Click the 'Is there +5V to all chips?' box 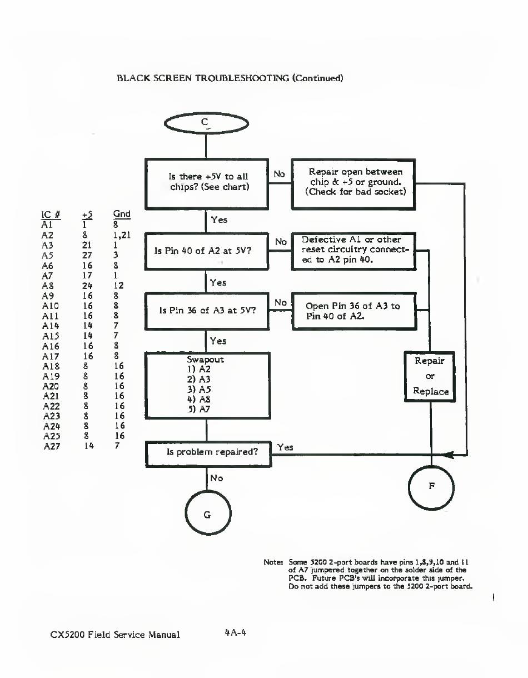[207, 182]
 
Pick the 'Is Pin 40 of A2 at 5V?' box [207, 251]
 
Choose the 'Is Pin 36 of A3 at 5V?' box [207, 310]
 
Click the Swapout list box [207, 385]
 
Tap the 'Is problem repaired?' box [208, 452]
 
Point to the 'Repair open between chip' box [354, 182]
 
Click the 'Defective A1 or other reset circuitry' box [354, 251]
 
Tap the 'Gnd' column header [121, 215]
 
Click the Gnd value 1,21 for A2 [121, 235]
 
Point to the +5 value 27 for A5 [87, 256]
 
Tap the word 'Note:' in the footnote [273, 562]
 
